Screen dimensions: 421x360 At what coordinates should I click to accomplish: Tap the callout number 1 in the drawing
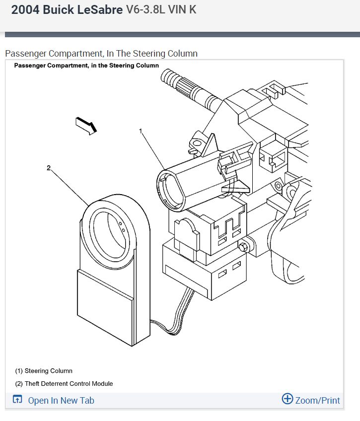141,131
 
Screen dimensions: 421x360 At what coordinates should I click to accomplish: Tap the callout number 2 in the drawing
49,168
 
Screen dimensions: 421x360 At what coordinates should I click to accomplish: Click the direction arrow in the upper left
85,125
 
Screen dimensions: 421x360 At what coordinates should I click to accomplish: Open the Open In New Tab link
61,401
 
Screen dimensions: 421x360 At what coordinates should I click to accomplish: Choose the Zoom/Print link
317,400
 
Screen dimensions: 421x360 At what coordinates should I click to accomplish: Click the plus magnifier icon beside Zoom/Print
287,399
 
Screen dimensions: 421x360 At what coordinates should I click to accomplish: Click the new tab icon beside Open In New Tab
17,400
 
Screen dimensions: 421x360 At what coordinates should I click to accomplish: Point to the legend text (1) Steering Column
44,371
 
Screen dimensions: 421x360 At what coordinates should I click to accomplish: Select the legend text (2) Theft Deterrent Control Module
64,384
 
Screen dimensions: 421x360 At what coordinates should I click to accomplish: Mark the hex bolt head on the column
243,247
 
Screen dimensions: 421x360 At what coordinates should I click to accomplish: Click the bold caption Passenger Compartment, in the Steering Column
86,66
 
